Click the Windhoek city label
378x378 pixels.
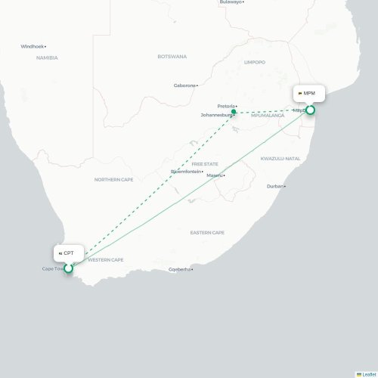click(x=33, y=46)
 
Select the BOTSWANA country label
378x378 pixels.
click(x=172, y=57)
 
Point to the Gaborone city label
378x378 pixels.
click(x=184, y=85)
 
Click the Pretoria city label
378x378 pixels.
click(x=226, y=106)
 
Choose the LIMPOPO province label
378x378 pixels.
click(x=256, y=63)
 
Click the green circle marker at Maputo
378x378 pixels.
click(x=310, y=110)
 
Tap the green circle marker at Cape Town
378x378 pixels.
click(x=68, y=268)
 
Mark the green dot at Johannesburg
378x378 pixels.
click(x=234, y=113)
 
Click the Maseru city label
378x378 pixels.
click(x=214, y=175)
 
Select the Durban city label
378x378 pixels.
click(x=275, y=186)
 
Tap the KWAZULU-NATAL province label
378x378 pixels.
click(x=280, y=158)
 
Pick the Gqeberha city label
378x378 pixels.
click(x=180, y=269)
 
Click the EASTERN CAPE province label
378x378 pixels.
click(x=206, y=232)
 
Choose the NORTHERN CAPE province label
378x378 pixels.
click(x=113, y=179)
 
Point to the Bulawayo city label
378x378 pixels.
click(x=231, y=2)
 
